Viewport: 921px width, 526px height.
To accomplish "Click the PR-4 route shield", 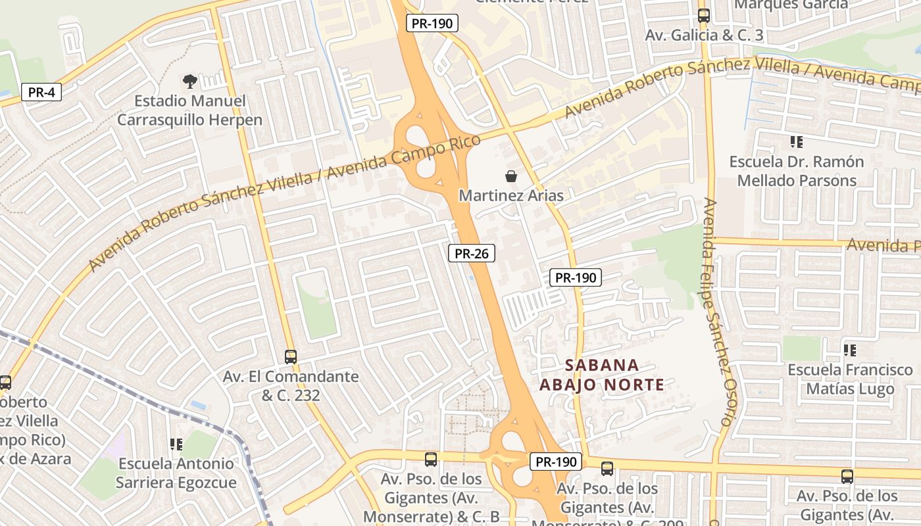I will pos(41,92).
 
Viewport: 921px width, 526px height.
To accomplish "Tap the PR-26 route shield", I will pos(472,253).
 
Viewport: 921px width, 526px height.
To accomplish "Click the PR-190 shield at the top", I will pos(432,23).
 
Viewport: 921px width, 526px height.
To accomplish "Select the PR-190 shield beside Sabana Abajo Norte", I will pos(576,277).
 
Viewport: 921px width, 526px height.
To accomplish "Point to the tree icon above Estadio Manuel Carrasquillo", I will pos(190,82).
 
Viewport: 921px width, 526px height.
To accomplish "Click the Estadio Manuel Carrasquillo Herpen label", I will pos(189,110).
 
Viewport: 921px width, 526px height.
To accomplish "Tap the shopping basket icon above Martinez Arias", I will pos(510,176).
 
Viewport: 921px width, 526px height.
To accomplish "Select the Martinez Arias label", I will pos(510,196).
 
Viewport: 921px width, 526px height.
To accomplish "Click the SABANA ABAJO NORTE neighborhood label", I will pos(602,375).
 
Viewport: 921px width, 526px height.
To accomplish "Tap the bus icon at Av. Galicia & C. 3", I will pos(704,16).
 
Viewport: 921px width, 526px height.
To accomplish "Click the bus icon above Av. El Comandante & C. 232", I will pos(291,357).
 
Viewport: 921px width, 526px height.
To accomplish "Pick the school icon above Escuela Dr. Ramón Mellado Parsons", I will pos(797,142).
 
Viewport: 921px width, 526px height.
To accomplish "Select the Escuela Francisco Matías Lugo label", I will pos(850,379).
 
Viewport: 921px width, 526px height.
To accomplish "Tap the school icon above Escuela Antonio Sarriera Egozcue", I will pos(176,444).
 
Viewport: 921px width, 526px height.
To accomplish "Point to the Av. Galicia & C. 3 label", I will pos(704,36).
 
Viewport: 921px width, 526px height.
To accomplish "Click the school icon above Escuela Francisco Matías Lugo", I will pos(850,350).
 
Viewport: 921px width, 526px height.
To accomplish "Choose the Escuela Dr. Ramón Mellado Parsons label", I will pos(797,171).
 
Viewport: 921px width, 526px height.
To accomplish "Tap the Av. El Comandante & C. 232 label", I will pos(291,386).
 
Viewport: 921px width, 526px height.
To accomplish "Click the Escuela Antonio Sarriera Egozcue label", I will pos(176,473).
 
